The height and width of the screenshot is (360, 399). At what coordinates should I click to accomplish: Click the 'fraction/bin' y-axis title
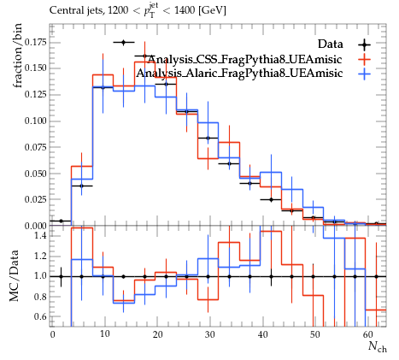point(18,56)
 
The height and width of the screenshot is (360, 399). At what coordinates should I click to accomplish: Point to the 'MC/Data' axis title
point(15,276)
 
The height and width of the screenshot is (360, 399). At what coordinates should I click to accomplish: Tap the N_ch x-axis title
point(378,346)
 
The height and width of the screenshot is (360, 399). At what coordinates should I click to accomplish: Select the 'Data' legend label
point(331,44)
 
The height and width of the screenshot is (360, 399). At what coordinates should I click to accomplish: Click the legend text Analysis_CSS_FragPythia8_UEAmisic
point(244,59)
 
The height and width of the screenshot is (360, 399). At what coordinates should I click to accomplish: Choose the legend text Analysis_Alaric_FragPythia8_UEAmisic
point(239,74)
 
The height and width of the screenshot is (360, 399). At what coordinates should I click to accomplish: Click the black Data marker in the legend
point(365,44)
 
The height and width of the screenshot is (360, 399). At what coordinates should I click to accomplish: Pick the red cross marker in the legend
point(365,60)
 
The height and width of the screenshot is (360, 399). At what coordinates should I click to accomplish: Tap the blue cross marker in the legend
point(365,74)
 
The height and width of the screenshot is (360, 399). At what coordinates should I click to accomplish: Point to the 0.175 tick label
point(35,43)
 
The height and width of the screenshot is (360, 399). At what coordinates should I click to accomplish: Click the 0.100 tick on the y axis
point(35,121)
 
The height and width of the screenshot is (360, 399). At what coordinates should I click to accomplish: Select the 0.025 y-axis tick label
point(35,199)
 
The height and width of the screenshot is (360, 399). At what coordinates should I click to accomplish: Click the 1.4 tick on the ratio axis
point(40,235)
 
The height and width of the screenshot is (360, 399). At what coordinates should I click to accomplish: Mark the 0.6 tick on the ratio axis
point(40,316)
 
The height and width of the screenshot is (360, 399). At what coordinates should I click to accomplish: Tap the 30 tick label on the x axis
point(210,334)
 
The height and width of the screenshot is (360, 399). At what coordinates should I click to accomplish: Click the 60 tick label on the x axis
point(367,334)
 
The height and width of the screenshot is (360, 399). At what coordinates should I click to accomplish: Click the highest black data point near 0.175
point(124,43)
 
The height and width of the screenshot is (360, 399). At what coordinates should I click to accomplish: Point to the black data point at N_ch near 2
point(61,221)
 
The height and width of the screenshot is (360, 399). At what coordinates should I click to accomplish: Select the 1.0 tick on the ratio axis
point(40,276)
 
